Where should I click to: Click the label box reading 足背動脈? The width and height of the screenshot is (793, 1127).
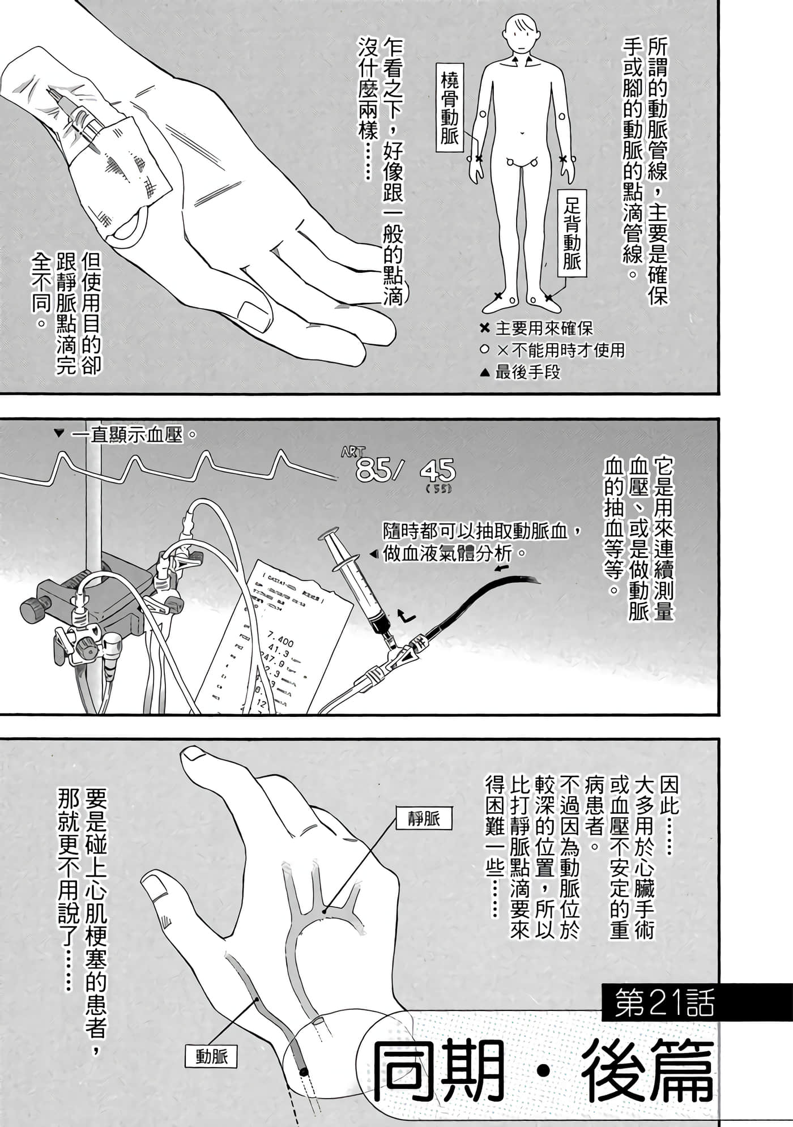572,233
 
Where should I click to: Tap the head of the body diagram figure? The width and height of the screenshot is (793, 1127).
520,31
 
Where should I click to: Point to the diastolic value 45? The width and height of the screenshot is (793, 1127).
437,470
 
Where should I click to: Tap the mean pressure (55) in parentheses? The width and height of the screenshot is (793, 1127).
439,489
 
